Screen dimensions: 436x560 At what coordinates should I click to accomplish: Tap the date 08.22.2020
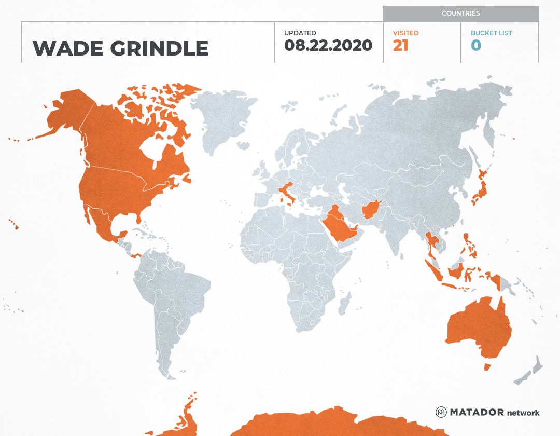[x=328, y=46]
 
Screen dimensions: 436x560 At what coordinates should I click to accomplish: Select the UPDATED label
[x=300, y=33]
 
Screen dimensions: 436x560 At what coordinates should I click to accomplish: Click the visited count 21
[x=401, y=46]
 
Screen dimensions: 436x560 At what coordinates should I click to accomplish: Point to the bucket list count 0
[x=476, y=46]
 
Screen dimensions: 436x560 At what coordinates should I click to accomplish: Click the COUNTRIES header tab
[x=460, y=13]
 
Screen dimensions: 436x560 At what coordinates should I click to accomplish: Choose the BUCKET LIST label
[x=492, y=33]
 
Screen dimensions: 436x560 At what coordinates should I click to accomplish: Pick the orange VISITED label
[x=405, y=33]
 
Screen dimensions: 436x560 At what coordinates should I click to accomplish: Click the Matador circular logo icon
[x=441, y=413]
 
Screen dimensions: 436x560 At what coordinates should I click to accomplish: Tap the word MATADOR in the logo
[x=477, y=413]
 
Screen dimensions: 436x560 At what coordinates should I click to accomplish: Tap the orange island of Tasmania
[x=487, y=367]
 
